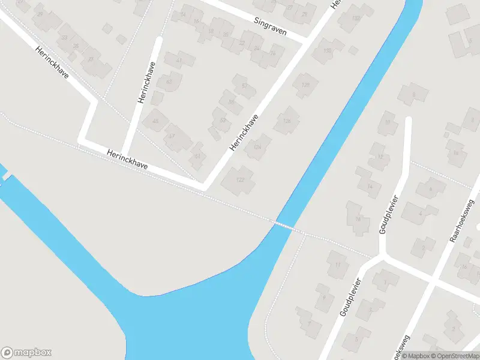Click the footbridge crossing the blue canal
pos(284,226)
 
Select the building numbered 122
pos(239,180)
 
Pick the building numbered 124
pos(258,146)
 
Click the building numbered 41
pos(178,61)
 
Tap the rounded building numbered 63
pos(169,82)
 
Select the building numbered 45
pos(157,121)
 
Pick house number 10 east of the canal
pos(388,122)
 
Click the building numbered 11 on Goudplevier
pos(338,265)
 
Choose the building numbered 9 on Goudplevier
pos(325,297)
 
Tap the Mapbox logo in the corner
pos(26,353)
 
